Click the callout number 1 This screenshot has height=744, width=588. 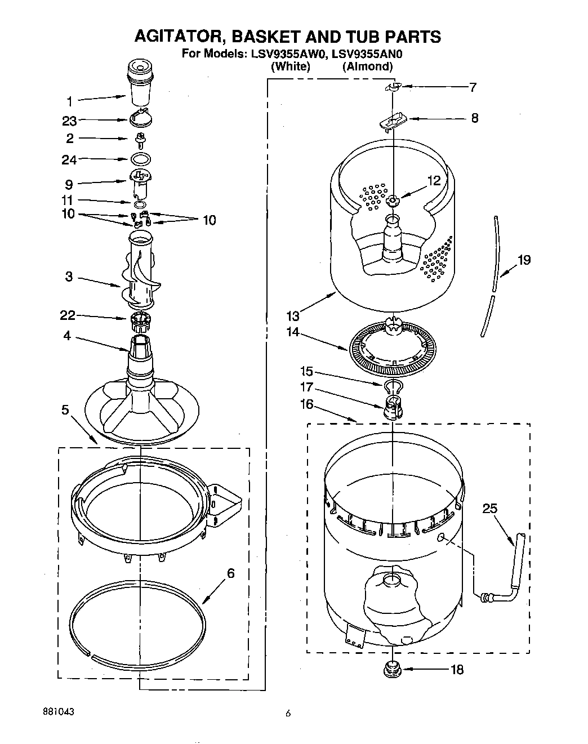pyautogui.click(x=69, y=101)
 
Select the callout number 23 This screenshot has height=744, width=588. pyautogui.click(x=69, y=121)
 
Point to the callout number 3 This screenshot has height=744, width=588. pyautogui.click(x=69, y=277)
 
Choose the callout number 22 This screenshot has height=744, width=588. pyautogui.click(x=68, y=315)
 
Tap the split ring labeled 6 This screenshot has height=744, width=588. pyautogui.click(x=138, y=620)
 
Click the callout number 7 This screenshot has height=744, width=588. pyautogui.click(x=473, y=87)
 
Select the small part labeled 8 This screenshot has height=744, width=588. pyautogui.click(x=391, y=121)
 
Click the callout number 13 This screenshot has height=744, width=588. pyautogui.click(x=293, y=316)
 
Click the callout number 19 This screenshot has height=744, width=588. pyautogui.click(x=524, y=260)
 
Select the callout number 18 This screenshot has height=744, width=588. pyautogui.click(x=457, y=670)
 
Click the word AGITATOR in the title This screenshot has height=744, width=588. pyautogui.click(x=177, y=37)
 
